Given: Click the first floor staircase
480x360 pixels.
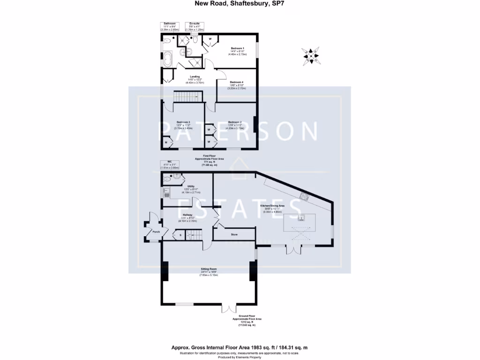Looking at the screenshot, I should pyautogui.click(x=187, y=97).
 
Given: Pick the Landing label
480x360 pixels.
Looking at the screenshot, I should pyautogui.click(x=195, y=76).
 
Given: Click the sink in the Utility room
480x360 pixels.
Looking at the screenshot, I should pyautogui.click(x=165, y=192).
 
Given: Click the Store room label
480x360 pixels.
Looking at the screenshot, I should pyautogui.click(x=235, y=234).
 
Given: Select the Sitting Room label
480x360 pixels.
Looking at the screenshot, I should pyautogui.click(x=210, y=269).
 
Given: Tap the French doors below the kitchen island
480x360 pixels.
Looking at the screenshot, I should pyautogui.click(x=295, y=249).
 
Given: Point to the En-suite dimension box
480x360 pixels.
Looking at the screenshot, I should pyautogui.click(x=194, y=26).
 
